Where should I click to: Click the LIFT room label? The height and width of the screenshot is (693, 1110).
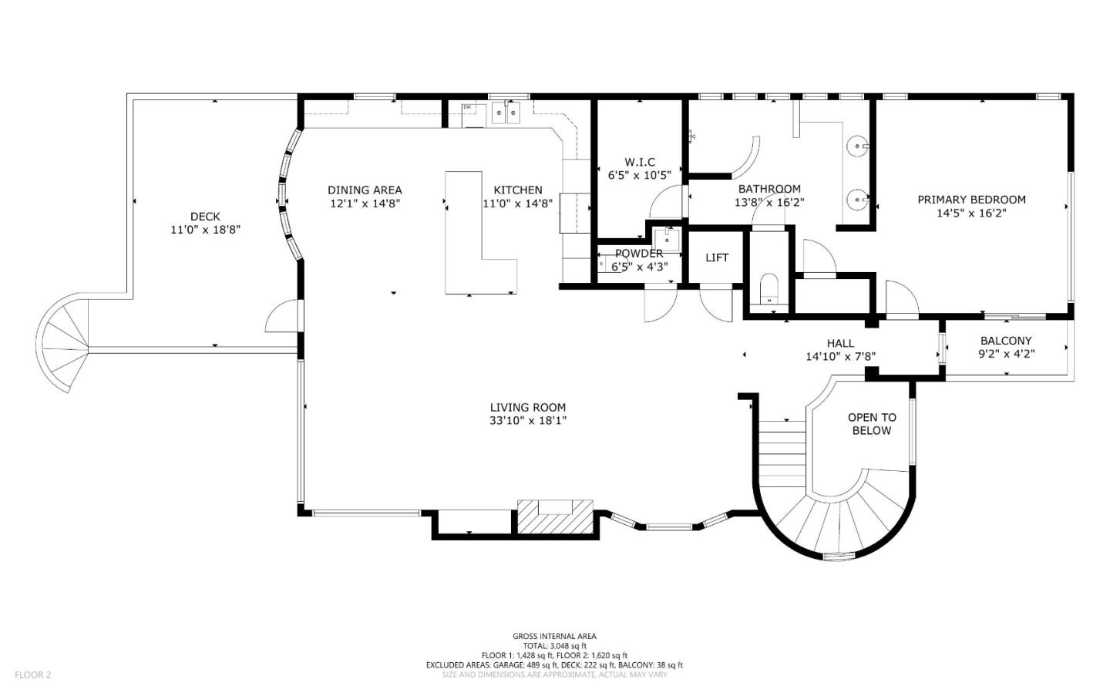click(x=716, y=258)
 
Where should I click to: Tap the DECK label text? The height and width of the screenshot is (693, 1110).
click(x=205, y=217)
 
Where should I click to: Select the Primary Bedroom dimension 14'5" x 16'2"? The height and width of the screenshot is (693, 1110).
click(x=970, y=214)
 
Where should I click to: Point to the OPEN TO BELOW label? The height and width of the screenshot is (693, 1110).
click(x=872, y=424)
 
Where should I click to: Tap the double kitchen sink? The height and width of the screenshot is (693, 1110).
click(x=506, y=113)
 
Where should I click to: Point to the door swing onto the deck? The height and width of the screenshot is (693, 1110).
click(x=281, y=318)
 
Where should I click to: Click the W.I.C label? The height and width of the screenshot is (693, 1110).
click(x=640, y=162)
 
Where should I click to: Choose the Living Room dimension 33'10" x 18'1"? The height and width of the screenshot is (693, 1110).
click(x=528, y=421)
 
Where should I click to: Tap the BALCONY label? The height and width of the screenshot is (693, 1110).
click(x=1006, y=341)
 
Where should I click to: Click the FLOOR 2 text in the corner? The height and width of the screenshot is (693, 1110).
click(x=32, y=675)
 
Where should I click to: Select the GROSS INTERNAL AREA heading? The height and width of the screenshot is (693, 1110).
click(x=554, y=637)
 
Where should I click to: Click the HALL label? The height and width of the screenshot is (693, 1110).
click(x=840, y=343)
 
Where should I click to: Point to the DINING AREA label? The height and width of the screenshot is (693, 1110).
click(x=365, y=190)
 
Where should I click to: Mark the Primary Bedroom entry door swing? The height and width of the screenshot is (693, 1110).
click(x=900, y=301)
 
